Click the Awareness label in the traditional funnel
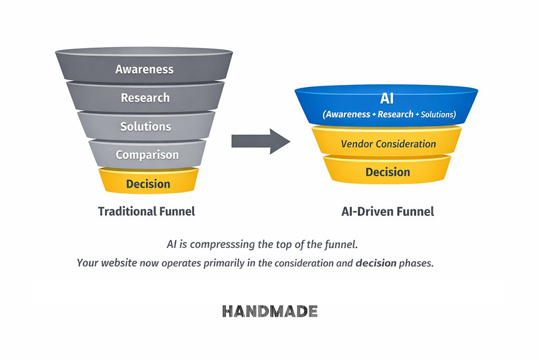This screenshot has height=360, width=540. click(144, 69)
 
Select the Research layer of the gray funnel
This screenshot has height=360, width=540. click(145, 98)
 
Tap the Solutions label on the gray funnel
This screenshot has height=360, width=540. click(146, 127)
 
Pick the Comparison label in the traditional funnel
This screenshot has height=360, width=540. click(147, 155)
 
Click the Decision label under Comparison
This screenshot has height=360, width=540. click(148, 184)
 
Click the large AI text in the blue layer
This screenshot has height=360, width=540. click(387, 99)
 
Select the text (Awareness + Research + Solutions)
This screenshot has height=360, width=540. click(389, 114)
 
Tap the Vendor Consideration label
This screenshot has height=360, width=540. click(388, 143)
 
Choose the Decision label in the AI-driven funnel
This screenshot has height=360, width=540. click(388, 172)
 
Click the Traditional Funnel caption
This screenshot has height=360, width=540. click(147, 211)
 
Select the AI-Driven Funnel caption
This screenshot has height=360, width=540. click(388, 212)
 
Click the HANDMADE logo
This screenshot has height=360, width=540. click(269, 311)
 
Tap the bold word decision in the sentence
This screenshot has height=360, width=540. click(376, 262)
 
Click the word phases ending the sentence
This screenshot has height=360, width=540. click(417, 262)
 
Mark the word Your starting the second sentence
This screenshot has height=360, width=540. click(88, 262)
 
